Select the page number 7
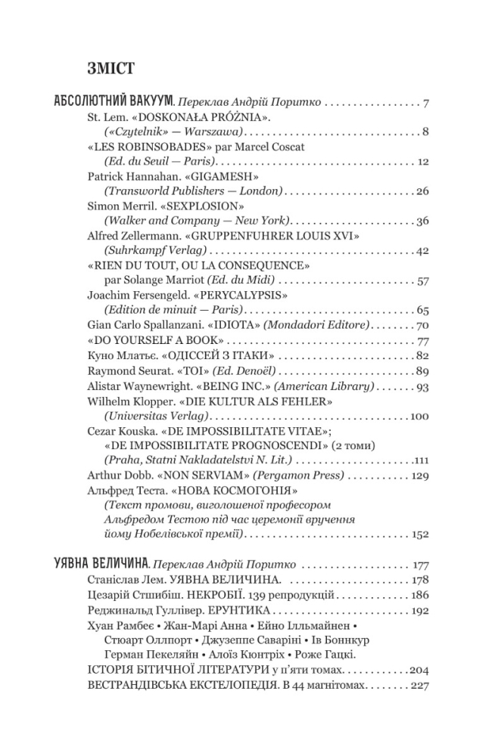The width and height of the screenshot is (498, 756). (x=426, y=101)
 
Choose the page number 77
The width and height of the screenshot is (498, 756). (x=423, y=339)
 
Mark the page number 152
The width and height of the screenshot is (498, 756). (x=420, y=534)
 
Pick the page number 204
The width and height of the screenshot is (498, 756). (x=419, y=670)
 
